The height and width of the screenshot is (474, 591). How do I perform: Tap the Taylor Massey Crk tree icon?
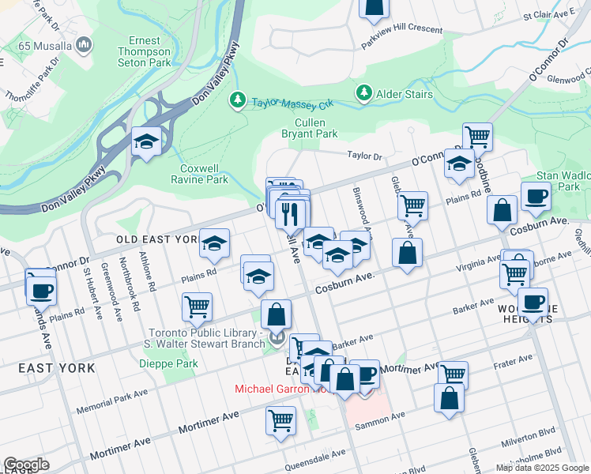point(236,100)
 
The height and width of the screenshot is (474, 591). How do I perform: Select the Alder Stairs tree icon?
point(364,94)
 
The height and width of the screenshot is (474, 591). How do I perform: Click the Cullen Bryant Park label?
point(316,128)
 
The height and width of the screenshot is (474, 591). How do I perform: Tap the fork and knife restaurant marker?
point(291,213)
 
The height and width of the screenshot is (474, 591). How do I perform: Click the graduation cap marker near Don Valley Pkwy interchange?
point(146,142)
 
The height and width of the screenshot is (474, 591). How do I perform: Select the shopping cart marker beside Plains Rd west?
point(196,307)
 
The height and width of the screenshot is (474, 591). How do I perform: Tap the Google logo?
point(26,465)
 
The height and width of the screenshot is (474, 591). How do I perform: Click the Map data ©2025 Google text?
point(542,468)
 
